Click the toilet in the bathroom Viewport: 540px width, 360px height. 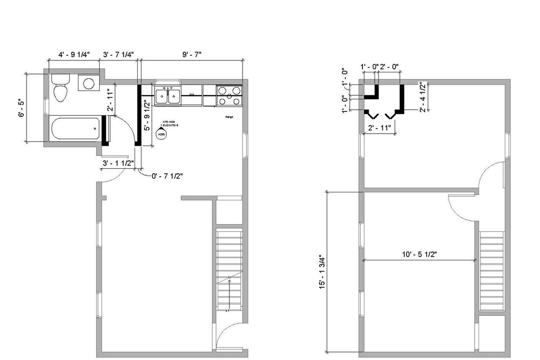coord(60,88)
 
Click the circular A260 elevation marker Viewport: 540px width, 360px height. coord(161,135)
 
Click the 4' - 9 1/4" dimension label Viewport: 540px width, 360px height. coord(74,54)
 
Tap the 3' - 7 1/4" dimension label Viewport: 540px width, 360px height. coord(118,54)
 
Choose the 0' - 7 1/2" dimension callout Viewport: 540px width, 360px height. coord(167,176)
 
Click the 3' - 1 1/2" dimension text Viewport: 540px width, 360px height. coord(118,163)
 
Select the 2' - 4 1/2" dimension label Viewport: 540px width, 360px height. coord(422,97)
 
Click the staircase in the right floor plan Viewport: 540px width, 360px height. coord(492,270)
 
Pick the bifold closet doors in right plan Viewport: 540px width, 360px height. coord(382,115)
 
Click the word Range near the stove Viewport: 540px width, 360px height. coord(229,117)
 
